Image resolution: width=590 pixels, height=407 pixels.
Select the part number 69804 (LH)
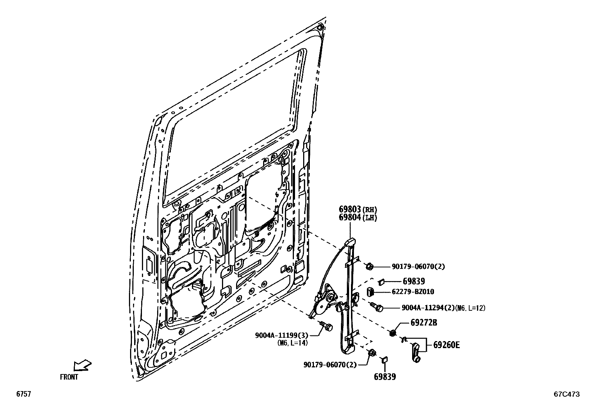coord(350,218)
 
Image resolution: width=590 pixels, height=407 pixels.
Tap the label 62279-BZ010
coord(413,292)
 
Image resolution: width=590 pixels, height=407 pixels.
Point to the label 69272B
coord(424,323)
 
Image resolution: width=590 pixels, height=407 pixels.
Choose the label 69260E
coord(446,345)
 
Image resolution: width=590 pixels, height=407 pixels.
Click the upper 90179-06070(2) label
coord(418,267)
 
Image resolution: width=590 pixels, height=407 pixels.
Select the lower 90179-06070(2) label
coord(330,365)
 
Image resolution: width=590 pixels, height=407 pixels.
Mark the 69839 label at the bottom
coord(385,377)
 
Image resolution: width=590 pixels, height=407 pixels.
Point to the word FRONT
coord(69,377)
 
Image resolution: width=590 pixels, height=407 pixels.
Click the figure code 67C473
coord(566,394)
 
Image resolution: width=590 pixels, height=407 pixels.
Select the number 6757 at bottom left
coord(23,394)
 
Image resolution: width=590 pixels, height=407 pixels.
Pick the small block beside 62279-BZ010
coord(370,292)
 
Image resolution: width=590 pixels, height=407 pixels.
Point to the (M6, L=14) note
coord(292,343)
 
